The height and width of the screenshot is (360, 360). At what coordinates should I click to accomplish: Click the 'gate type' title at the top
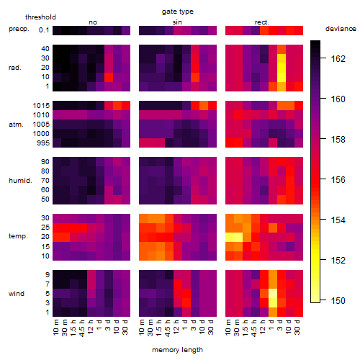[178, 12]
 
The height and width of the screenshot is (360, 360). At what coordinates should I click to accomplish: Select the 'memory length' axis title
[177, 350]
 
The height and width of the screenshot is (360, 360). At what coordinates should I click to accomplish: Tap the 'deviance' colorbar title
[341, 29]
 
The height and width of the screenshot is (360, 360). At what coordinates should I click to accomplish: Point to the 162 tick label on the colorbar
[338, 58]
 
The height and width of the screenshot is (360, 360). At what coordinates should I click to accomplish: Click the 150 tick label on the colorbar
[338, 300]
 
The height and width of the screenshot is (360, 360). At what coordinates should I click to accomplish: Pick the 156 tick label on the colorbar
[338, 179]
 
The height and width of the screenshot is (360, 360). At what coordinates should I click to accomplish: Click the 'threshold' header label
[40, 17]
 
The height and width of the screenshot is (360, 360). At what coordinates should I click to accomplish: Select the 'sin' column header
[177, 22]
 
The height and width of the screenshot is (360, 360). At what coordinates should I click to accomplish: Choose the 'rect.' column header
[261, 22]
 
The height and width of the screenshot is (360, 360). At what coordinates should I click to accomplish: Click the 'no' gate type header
[93, 22]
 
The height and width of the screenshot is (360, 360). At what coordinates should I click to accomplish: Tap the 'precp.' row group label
[19, 29]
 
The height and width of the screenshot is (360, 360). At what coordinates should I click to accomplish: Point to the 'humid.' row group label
[20, 181]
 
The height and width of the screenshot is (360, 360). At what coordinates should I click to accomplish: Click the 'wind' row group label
[17, 294]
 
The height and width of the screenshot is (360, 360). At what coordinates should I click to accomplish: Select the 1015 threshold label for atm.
[41, 106]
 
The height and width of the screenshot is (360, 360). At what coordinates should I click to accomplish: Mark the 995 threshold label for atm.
[43, 143]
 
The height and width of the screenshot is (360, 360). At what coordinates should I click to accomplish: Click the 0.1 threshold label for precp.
[44, 30]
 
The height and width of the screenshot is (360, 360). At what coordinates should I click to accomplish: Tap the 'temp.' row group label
[18, 236]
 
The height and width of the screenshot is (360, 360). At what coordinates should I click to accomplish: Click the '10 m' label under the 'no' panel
[55, 327]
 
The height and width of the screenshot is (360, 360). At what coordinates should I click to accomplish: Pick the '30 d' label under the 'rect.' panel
[297, 327]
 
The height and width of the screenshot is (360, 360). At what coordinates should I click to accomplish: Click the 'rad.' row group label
[15, 68]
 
